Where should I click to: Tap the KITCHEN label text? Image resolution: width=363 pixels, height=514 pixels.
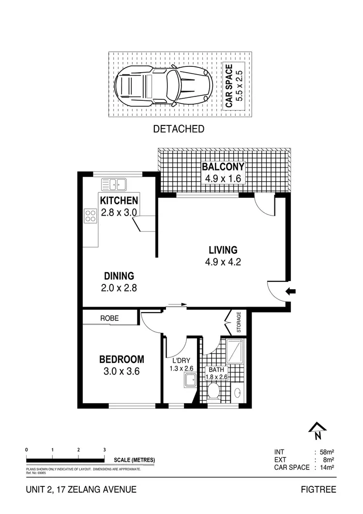pyautogui.click(x=119, y=201)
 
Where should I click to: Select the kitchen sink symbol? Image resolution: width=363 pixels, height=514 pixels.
pyautogui.click(x=114, y=184)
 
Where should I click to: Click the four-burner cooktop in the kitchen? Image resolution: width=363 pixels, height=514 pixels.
pyautogui.click(x=90, y=215)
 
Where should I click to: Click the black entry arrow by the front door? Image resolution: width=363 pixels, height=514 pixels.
pyautogui.click(x=291, y=291)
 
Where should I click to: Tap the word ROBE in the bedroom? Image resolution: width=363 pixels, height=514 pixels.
pyautogui.click(x=109, y=318)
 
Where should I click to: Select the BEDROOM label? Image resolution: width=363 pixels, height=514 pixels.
pyautogui.click(x=121, y=359)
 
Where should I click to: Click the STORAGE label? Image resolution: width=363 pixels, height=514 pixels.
pyautogui.click(x=238, y=323)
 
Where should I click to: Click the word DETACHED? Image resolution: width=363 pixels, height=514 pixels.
pyautogui.click(x=179, y=129)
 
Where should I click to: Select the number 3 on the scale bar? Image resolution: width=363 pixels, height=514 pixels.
pyautogui.click(x=105, y=450)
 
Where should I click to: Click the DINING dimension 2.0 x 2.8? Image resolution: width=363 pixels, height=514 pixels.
pyautogui.click(x=119, y=287)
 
